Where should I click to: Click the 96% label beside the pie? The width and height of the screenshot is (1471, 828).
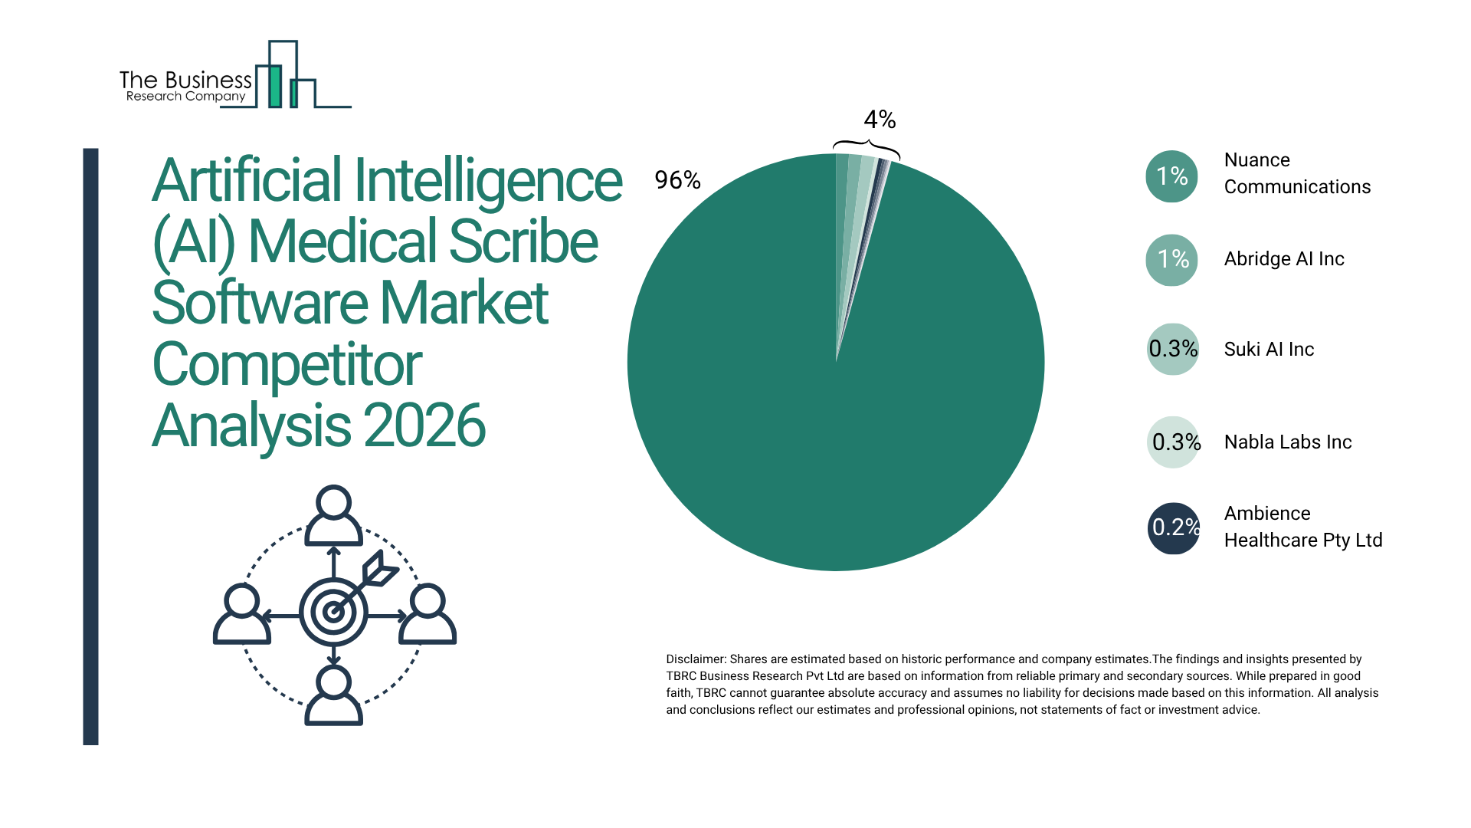677,180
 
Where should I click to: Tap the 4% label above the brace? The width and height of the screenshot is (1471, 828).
880,120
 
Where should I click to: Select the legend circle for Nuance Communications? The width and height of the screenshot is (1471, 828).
1171,176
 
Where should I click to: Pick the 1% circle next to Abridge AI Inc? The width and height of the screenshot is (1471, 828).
1171,260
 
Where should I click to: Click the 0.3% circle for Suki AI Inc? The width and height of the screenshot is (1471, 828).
1172,349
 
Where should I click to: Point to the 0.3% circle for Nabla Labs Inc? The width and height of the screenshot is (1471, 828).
1173,442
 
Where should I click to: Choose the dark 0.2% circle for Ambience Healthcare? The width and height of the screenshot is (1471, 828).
1173,527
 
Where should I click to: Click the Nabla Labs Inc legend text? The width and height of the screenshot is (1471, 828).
1287,442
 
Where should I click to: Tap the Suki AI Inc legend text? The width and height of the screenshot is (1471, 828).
1269,350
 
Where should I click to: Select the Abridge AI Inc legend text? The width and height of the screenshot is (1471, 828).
1284,259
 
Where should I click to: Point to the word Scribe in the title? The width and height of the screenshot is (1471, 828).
523,242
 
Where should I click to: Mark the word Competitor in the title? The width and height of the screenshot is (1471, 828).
287,364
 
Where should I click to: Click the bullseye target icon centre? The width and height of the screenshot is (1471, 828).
333,612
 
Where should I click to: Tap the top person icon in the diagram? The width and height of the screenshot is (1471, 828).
333,514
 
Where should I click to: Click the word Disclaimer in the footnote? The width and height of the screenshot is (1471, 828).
695,659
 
